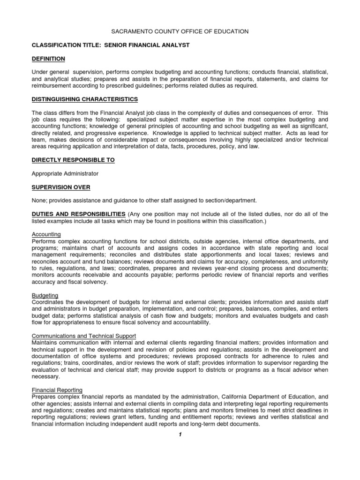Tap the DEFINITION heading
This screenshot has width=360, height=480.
pos(48,59)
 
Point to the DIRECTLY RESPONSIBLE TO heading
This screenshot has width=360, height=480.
pos(73,160)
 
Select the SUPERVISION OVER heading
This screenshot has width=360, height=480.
pos(60,187)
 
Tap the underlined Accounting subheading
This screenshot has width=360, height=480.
pos(46,234)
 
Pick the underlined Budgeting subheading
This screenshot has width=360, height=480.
pos(45,295)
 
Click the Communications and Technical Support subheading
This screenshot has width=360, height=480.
pos(83,336)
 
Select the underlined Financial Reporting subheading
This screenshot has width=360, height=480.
pos(57,390)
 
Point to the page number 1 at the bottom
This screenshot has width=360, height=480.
pos(180,435)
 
